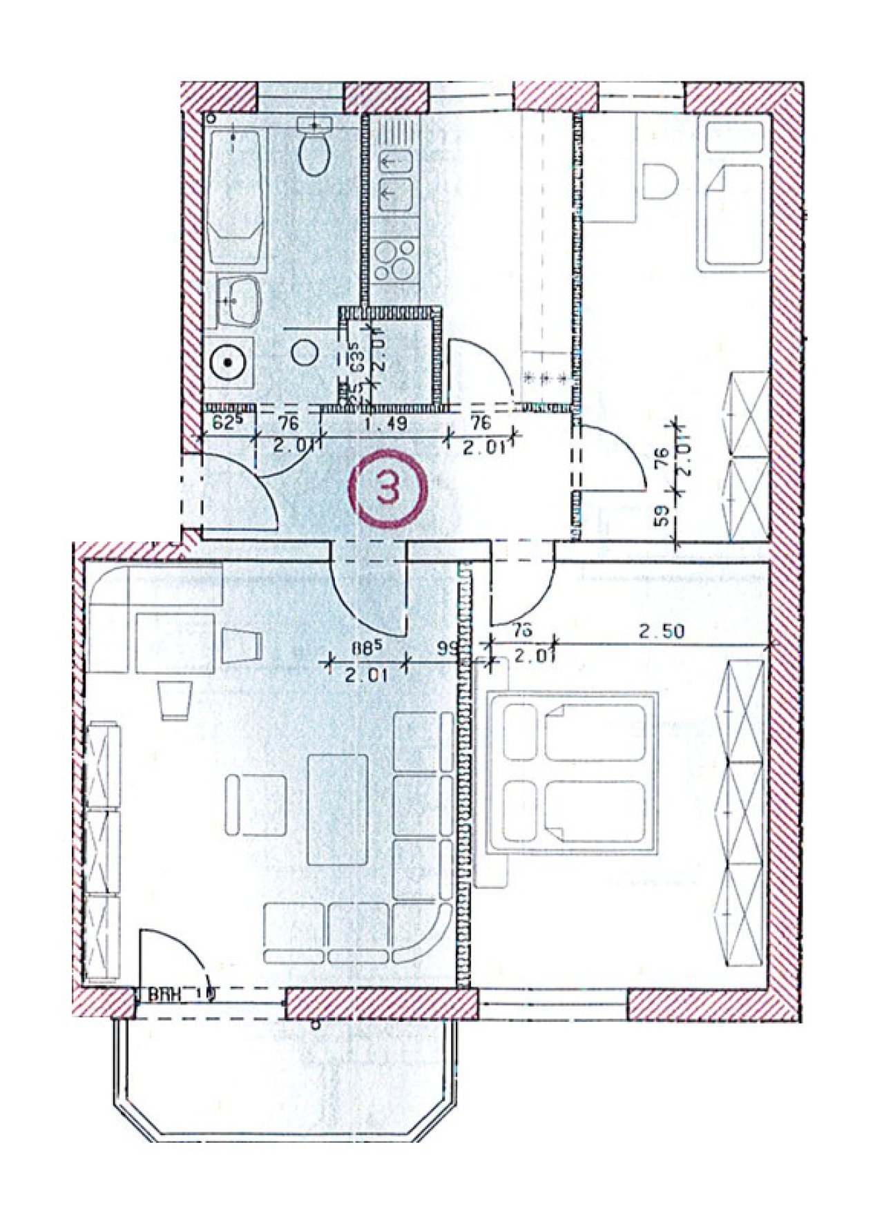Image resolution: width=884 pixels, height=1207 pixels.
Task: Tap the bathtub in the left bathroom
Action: click(235, 197)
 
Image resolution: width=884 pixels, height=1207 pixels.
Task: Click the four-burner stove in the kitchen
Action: click(395, 261)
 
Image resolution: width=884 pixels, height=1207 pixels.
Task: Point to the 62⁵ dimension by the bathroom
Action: click(224, 423)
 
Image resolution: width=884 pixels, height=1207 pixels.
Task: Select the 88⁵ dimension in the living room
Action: click(365, 650)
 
